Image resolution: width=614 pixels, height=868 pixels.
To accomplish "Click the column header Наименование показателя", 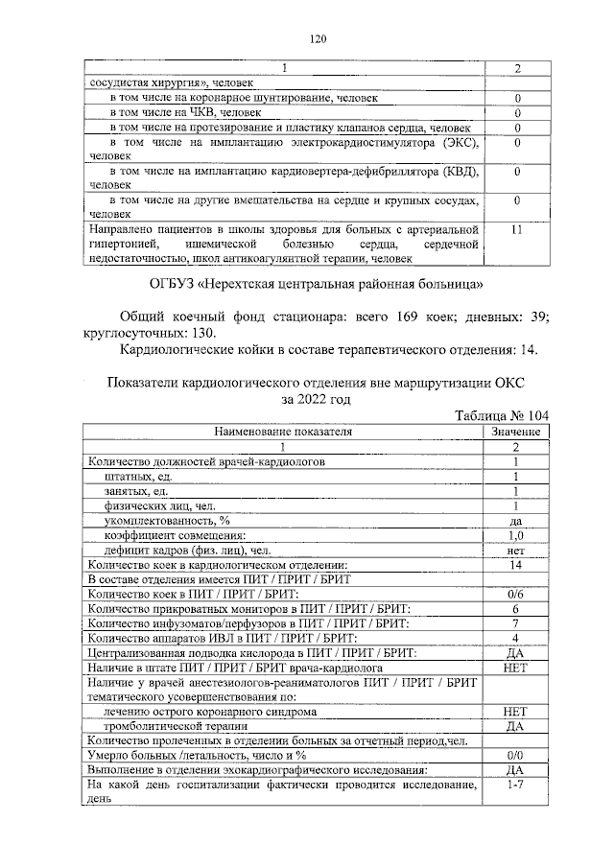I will point(283,432).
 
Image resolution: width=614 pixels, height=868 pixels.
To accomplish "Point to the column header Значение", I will point(516,432).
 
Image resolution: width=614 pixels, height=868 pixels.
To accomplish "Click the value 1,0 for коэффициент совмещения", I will point(516,535).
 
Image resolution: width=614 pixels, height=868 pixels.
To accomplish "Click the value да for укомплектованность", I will point(516,520).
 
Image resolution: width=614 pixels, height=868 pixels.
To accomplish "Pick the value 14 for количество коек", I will point(516,565).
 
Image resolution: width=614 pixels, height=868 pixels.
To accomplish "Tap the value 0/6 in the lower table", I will point(516,595).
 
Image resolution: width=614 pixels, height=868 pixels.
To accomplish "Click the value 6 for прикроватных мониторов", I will point(516,609).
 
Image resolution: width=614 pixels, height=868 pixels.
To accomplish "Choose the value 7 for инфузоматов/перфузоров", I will point(516,623).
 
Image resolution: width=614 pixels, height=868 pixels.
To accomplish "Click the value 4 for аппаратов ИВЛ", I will point(516,638).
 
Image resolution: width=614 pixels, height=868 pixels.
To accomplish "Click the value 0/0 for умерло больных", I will point(516,755).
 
